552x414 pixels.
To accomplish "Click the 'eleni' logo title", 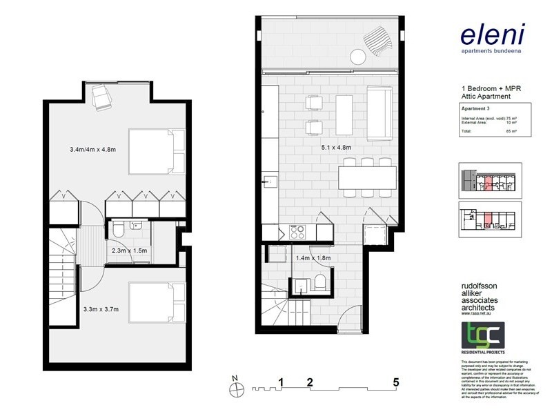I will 493,34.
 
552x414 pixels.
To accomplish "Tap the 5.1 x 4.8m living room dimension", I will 336,148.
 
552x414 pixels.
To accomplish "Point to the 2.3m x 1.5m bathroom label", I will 130,251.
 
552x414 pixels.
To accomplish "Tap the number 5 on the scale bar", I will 396,382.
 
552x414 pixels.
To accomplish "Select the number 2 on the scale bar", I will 310,382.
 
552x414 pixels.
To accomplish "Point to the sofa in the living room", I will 378,113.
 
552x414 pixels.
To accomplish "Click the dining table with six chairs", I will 368,178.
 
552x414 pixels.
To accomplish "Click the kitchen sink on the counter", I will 268,182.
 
